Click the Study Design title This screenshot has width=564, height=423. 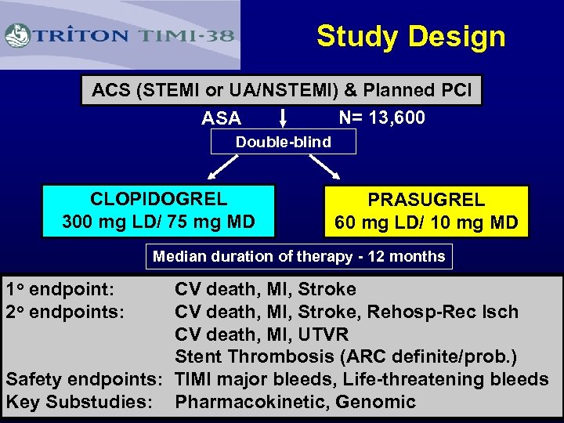click(410, 36)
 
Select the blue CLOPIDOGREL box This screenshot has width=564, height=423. click(158, 211)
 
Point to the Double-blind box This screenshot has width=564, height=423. click(283, 142)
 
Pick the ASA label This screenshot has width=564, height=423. click(221, 118)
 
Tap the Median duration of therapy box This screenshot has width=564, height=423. click(298, 256)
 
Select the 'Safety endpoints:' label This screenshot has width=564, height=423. click(84, 379)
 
